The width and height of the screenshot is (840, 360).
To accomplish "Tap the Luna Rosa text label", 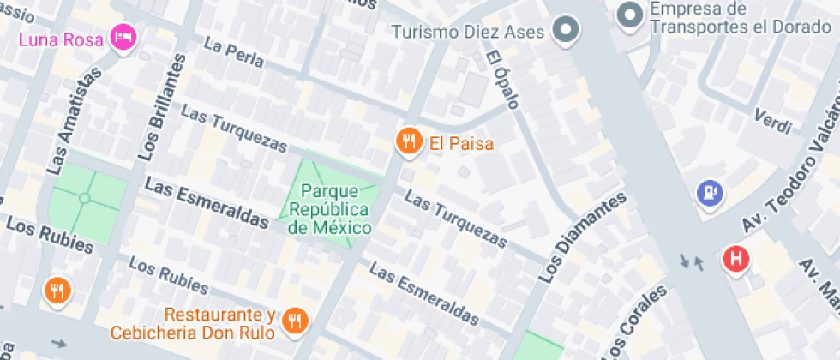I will [x=61, y=39].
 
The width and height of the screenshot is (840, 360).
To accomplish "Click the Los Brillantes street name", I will [x=161, y=107].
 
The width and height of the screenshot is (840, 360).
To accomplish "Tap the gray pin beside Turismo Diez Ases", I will [x=566, y=32].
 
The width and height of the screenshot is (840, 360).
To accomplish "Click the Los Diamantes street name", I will [x=582, y=238].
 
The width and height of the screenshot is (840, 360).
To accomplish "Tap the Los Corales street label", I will [x=636, y=326].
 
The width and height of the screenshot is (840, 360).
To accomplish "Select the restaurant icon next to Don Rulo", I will [x=296, y=321].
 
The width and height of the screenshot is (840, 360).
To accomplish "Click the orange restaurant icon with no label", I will [x=57, y=291].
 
